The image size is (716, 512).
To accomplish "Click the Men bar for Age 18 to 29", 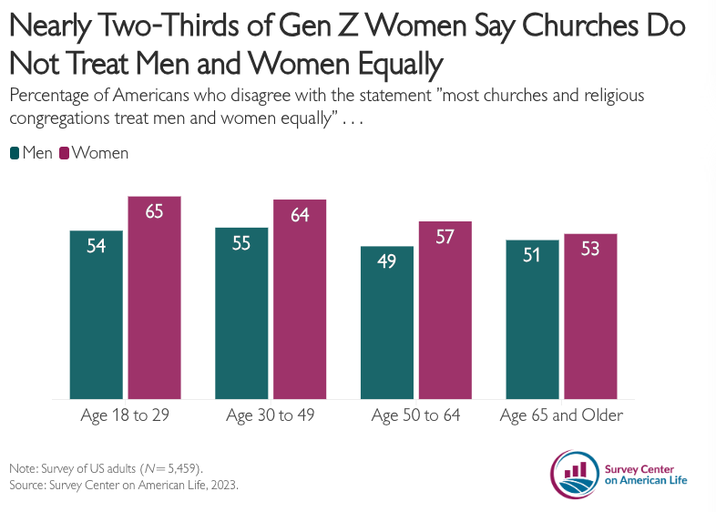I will (x=97, y=314).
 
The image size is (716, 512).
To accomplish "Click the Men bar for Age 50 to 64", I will (x=387, y=323).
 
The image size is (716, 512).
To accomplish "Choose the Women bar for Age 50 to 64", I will (x=445, y=310).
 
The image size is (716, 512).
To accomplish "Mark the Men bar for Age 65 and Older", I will (x=532, y=319).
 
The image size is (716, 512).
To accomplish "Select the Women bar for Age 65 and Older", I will (x=590, y=316).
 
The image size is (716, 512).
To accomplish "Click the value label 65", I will (x=154, y=211).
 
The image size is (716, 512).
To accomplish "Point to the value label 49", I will (x=387, y=261).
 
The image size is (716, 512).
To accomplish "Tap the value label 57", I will (x=445, y=237).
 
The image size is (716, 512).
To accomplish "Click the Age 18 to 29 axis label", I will (x=126, y=416).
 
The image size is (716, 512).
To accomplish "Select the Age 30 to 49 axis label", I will (x=271, y=416).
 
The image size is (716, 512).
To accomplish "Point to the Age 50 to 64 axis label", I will (x=416, y=416).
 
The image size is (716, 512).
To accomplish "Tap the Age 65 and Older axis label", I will (x=561, y=416).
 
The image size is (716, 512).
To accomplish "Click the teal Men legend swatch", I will (x=15, y=153).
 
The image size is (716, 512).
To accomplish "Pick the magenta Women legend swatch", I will (x=65, y=153).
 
